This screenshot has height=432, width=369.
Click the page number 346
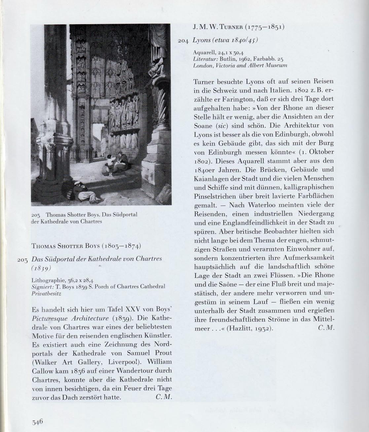point(38,421)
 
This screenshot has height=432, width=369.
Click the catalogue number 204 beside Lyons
point(183,41)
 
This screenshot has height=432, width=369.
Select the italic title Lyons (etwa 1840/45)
point(224,40)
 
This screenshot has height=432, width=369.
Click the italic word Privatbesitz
point(45,293)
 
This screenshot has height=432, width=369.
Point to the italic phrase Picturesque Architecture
point(70,319)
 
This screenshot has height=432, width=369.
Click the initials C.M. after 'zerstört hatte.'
point(164,397)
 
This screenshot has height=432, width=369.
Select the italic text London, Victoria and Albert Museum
point(240,65)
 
